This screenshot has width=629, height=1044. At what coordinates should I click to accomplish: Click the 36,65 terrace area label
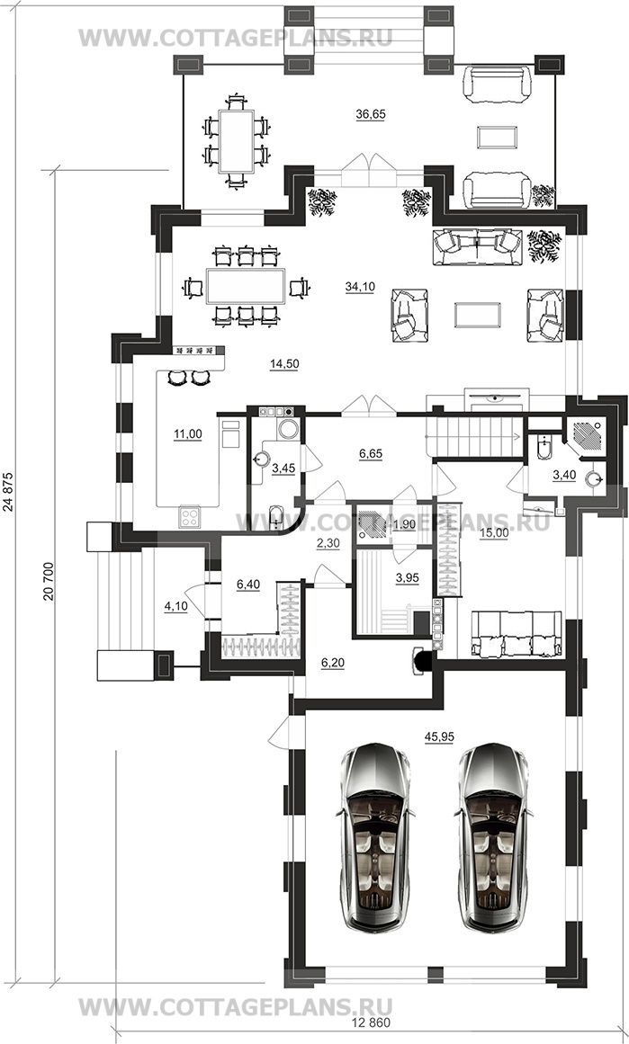(371, 114)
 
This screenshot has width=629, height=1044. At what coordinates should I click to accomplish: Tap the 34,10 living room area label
(360, 287)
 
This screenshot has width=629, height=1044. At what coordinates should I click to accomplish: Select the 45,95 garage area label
(438, 736)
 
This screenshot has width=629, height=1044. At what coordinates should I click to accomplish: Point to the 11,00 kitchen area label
(188, 434)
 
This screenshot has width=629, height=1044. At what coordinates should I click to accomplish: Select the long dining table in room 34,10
(246, 286)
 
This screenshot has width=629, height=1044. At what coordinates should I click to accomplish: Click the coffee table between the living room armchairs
(478, 314)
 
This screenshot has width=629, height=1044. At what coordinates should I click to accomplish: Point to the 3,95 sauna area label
(407, 578)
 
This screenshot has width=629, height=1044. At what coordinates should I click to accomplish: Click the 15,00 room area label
(494, 532)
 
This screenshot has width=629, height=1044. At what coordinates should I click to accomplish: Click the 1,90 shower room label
(404, 524)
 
